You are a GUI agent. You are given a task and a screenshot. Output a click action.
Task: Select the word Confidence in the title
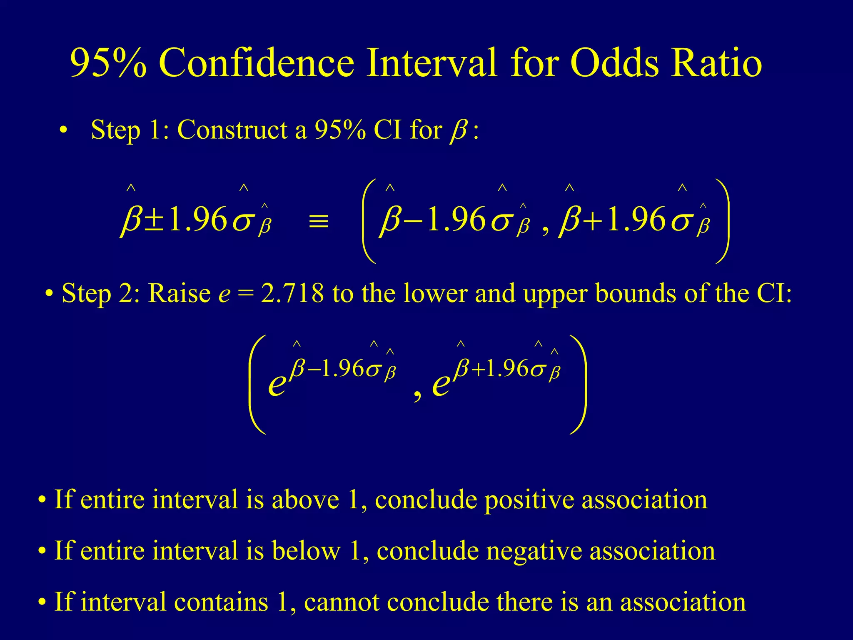(256, 63)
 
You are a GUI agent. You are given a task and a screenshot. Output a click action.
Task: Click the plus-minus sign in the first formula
(155, 220)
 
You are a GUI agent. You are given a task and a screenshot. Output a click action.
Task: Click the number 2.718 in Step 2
(292, 293)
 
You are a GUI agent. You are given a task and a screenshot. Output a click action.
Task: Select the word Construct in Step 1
(232, 130)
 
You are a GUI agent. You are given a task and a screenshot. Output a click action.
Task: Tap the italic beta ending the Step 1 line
(458, 132)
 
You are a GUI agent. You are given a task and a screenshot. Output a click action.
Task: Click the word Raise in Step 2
(179, 293)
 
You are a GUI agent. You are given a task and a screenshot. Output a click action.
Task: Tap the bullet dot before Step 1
(63, 130)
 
